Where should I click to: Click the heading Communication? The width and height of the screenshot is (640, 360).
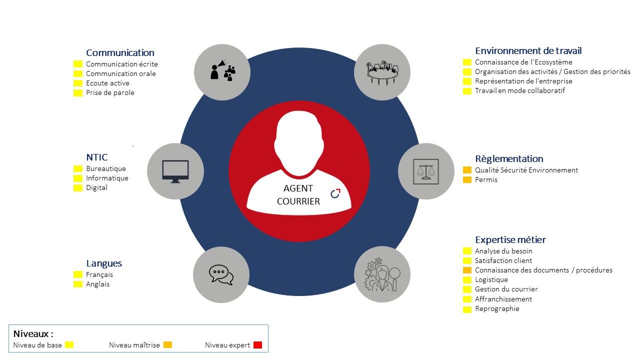tap(120, 53)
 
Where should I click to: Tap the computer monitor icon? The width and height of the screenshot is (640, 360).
tap(175, 171)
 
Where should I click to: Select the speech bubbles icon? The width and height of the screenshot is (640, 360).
tap(221, 275)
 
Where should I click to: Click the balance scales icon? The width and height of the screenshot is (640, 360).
tap(425, 171)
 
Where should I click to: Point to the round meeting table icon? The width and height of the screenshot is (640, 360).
tap(382, 72)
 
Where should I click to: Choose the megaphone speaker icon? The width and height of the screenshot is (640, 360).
tap(222, 69)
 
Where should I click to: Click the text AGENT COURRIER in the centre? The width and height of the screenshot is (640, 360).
tap(298, 195)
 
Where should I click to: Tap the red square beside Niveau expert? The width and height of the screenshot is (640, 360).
tap(257, 345)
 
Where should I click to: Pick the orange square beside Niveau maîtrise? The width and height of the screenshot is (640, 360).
tap(167, 345)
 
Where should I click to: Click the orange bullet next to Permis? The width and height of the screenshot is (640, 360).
tap(467, 179)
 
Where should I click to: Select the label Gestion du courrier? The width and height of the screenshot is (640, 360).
tap(506, 289)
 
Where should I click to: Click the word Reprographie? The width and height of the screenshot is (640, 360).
tap(497, 308)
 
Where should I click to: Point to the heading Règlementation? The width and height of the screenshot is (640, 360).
tap(509, 159)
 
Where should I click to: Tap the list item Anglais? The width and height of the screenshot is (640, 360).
tap(97, 284)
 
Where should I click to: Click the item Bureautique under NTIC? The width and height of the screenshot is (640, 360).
tap(106, 168)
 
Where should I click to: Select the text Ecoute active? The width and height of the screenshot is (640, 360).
tap(107, 83)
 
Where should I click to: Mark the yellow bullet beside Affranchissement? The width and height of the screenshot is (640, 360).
tap(467, 299)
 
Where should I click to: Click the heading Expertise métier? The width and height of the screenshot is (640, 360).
tap(510, 239)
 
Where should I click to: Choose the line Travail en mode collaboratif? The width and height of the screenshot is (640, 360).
tap(520, 90)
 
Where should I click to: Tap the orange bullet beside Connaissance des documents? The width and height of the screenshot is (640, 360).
tap(467, 270)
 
